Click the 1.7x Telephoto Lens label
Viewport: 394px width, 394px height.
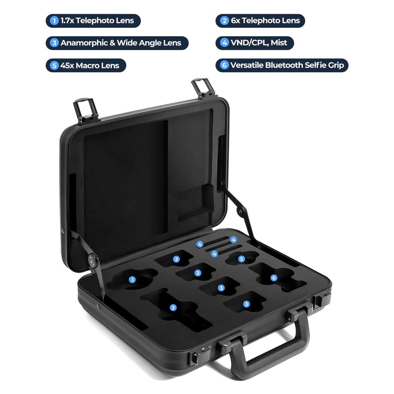pyautogui.click(x=93, y=21)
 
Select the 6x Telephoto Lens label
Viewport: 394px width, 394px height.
pyautogui.click(x=260, y=21)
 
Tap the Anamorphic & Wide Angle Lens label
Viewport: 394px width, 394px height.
pyautogui.click(x=117, y=43)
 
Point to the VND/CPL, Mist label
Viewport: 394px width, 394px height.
pyautogui.click(x=255, y=43)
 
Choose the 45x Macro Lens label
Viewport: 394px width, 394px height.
pyautogui.click(x=86, y=65)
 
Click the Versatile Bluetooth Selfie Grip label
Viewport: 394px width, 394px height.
pyautogui.click(x=282, y=65)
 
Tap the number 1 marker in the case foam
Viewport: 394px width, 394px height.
pyautogui.click(x=133, y=279)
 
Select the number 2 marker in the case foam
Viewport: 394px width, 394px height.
pyautogui.click(x=173, y=308)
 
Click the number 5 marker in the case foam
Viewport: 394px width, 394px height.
pyautogui.click(x=241, y=259)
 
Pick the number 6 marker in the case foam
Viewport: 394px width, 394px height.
pyautogui.click(x=274, y=278)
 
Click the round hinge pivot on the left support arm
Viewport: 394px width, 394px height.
pyautogui.click(x=92, y=260)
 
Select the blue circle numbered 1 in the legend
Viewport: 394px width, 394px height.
pyautogui.click(x=54, y=21)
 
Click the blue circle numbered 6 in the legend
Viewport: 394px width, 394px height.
pyautogui.click(x=224, y=65)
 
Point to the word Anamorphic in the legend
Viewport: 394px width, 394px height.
pyautogui.click(x=84, y=43)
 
